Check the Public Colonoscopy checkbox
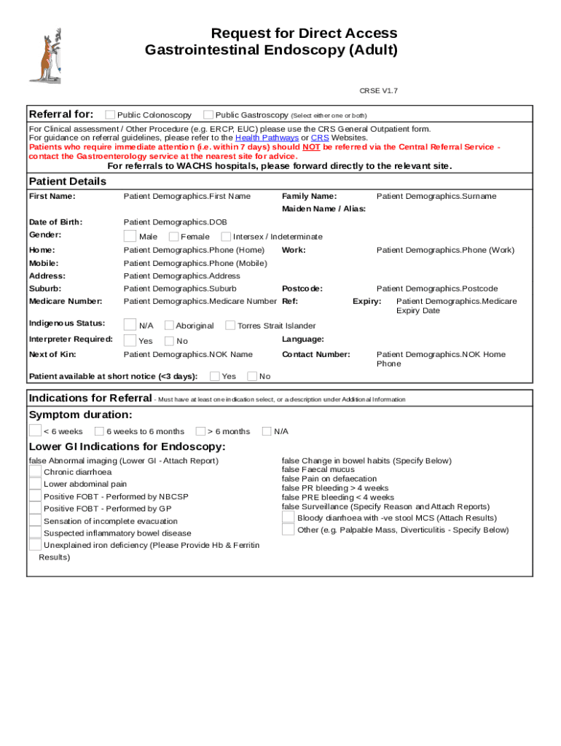[x=110, y=114]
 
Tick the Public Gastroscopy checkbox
[x=208, y=114]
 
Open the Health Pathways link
[x=267, y=138]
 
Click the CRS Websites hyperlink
[x=320, y=138]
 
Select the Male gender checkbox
[x=130, y=236]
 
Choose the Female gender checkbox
[x=173, y=236]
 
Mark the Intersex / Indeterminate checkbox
[x=226, y=236]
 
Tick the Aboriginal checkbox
[x=169, y=326]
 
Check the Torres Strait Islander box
[x=230, y=326]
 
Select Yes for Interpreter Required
[x=130, y=340]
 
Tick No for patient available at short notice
[x=252, y=376]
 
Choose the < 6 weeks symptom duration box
[x=35, y=431]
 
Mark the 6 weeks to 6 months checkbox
[x=99, y=431]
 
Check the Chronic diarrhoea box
[x=35, y=471]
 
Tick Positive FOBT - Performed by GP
[x=35, y=509]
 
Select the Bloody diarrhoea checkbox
[x=288, y=517]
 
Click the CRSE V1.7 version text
[x=379, y=91]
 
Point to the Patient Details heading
[x=67, y=181]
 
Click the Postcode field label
[x=302, y=288]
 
